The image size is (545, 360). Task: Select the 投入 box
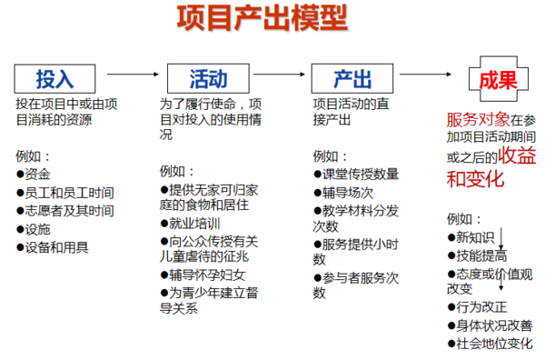coord(54,76)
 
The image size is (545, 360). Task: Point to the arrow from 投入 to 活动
coord(131,75)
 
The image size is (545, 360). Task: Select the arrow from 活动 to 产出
coord(276,75)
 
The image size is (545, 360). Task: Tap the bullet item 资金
coord(37,174)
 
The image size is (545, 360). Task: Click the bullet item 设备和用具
coord(56,247)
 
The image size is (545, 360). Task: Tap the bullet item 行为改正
coord(481,307)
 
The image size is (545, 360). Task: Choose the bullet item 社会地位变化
coord(494,344)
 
